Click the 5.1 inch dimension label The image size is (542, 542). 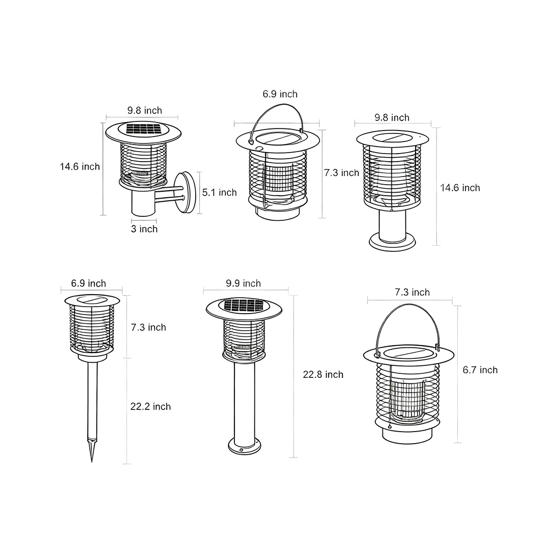[219, 192]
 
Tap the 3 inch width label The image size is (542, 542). [145, 229]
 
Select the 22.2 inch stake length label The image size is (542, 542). [151, 406]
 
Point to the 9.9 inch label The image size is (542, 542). [243, 284]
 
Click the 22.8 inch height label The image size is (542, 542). [323, 374]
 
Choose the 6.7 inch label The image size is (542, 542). [480, 370]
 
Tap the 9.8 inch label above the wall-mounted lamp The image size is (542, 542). [145, 110]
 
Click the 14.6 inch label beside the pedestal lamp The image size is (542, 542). [460, 188]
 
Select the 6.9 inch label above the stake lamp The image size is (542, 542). [88, 284]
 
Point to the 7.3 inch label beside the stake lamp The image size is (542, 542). [148, 327]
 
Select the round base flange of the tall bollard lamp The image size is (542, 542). [244, 444]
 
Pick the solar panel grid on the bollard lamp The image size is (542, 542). [242, 305]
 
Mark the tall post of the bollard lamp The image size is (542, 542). [244, 396]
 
